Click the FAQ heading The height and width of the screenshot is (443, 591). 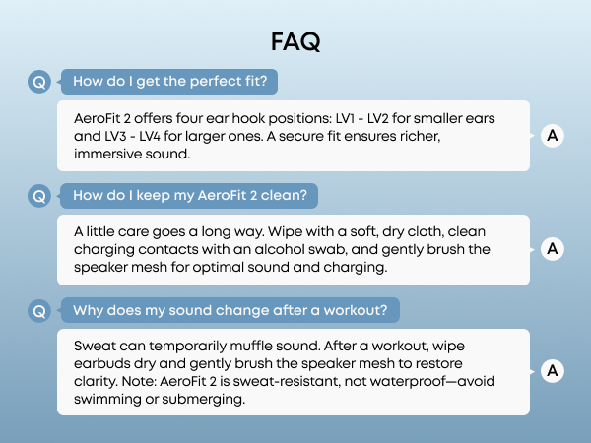[295, 42]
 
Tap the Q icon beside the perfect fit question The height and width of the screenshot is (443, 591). [38, 82]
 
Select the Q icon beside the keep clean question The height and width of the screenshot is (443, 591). [38, 196]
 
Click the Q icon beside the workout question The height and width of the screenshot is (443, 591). [38, 311]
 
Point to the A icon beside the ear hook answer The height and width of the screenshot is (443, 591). [553, 136]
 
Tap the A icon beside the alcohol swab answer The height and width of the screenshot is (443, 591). [553, 250]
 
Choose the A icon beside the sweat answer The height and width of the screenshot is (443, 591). [553, 371]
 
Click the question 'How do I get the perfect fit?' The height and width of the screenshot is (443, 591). [168, 81]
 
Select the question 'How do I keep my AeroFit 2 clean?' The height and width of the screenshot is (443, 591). [190, 195]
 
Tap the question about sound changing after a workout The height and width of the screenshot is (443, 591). [230, 310]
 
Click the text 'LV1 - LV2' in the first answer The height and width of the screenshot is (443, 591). [341, 118]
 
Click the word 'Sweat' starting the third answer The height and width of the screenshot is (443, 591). [96, 347]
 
